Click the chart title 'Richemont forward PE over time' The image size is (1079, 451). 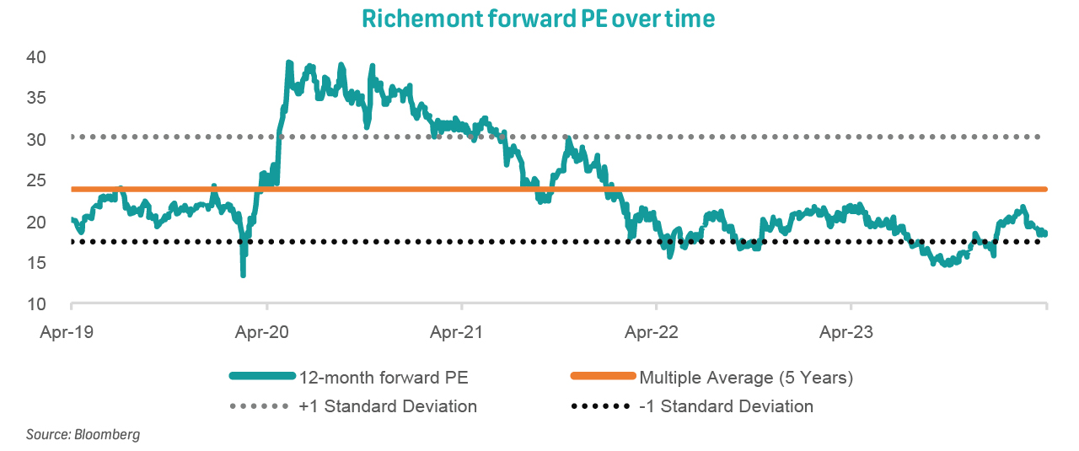click(x=538, y=19)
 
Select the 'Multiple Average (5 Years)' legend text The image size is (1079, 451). click(x=746, y=378)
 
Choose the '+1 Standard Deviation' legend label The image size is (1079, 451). click(x=388, y=406)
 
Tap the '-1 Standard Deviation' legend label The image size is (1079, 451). click(x=726, y=406)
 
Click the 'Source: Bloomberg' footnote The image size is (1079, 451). click(x=83, y=435)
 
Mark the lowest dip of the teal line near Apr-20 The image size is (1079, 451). click(x=243, y=274)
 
